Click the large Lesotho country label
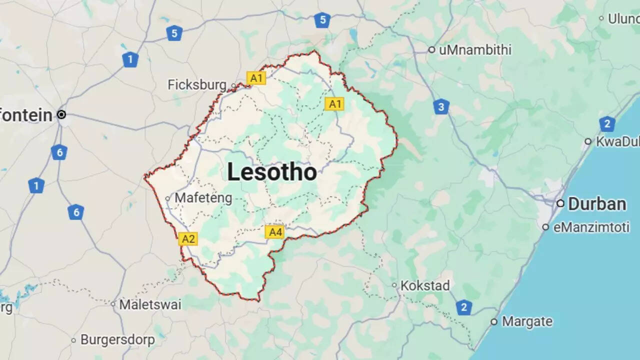tap(272, 172)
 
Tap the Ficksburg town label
tap(197, 85)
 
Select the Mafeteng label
tap(203, 198)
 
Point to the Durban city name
tap(597, 204)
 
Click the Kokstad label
tap(425, 286)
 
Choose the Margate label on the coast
tap(527, 321)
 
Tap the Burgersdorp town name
tap(117, 340)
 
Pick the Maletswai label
tap(150, 304)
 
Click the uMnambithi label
tap(475, 50)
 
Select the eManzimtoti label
tap(591, 227)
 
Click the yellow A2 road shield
tap(188, 238)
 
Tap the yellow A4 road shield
tap(275, 232)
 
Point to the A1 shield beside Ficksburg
tap(256, 78)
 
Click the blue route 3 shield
tap(441, 106)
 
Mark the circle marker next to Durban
tap(560, 203)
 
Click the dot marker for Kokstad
tap(394, 285)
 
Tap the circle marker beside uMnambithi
tap(431, 50)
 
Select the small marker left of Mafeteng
tap(168, 198)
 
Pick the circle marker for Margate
tap(494, 321)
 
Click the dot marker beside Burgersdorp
tap(73, 340)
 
